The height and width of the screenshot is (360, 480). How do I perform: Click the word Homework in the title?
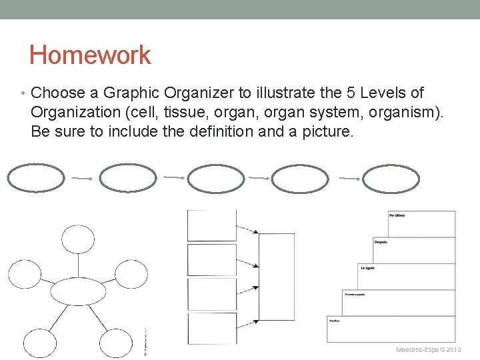click(x=90, y=55)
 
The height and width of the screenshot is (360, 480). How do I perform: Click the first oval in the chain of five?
click(x=36, y=178)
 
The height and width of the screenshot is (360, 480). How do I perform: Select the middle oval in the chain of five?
click(x=216, y=179)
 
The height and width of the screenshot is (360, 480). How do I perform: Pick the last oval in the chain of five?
click(x=391, y=179)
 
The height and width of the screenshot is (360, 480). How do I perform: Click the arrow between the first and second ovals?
click(x=81, y=178)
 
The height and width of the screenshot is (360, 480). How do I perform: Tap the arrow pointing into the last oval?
click(x=349, y=178)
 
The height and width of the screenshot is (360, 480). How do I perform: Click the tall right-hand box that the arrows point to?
click(x=276, y=276)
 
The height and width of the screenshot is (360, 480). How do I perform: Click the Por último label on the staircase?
click(x=398, y=215)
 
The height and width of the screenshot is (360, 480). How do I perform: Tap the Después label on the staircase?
click(x=381, y=241)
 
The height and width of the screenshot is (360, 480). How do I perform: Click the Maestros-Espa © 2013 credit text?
click(x=428, y=349)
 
